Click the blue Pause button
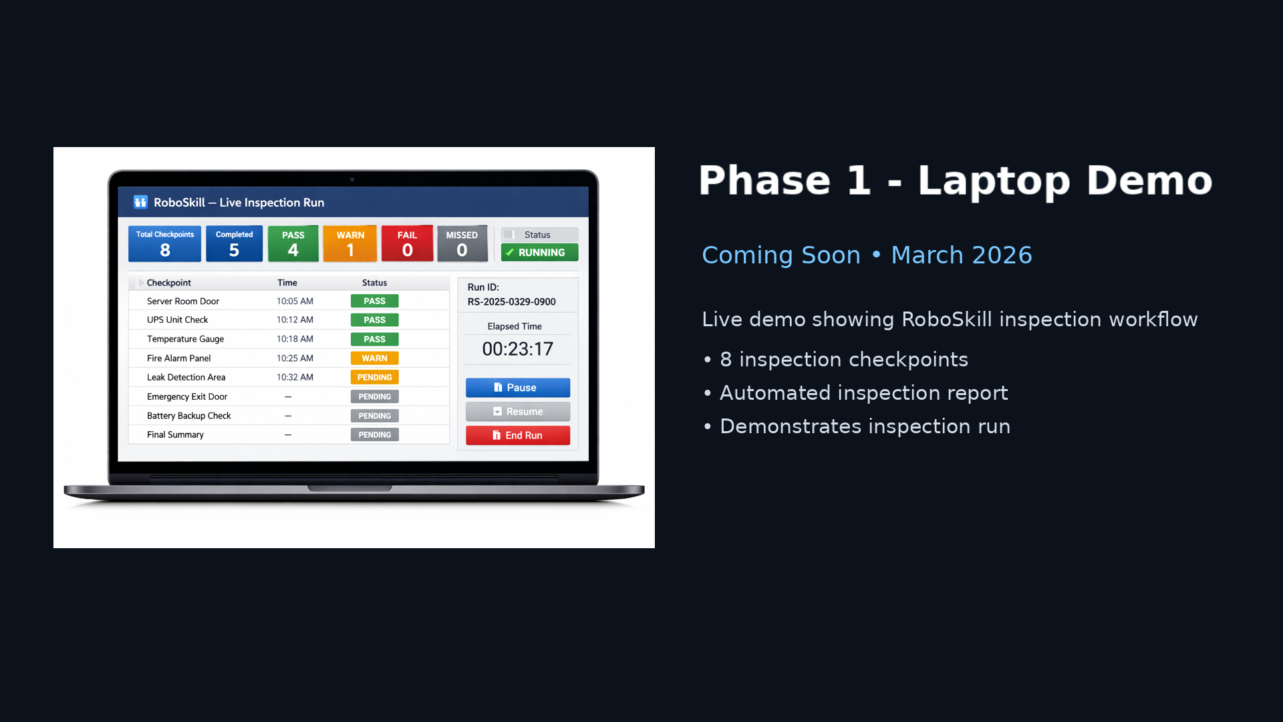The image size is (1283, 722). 518,388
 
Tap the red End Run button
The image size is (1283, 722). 518,435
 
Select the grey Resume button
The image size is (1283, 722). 518,412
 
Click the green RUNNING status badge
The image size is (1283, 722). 540,253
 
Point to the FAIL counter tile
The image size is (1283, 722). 407,243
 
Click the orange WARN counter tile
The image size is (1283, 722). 350,243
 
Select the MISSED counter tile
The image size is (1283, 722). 462,243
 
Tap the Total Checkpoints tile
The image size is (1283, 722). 165,243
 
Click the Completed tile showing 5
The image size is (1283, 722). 234,243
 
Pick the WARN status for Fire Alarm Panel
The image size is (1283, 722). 375,358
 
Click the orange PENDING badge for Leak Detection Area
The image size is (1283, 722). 375,378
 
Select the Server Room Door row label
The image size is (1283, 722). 183,302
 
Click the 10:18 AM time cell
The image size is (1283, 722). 295,339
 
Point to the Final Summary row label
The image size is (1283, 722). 175,435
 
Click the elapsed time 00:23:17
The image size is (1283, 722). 518,349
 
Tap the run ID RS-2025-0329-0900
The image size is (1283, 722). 512,302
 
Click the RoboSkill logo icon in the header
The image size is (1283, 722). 140,202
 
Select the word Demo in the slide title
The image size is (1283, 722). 1149,180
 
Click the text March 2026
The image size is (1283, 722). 962,255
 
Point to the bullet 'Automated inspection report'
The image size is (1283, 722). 864,393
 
